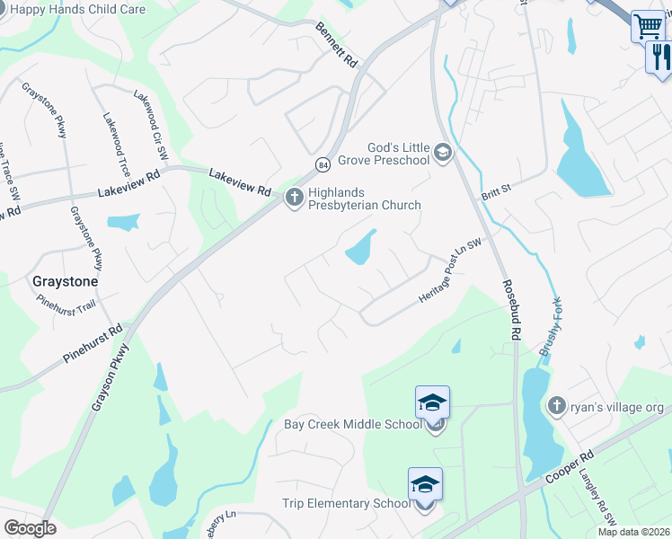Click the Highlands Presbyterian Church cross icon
coord(295,198)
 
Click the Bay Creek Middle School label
coord(352,424)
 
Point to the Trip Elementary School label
coord(346,504)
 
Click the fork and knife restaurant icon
coord(659,57)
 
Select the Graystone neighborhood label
coord(65,280)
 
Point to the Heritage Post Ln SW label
coord(450,270)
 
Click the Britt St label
coord(495,188)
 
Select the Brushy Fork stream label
coord(550,327)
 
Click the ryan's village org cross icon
coord(556,405)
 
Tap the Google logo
coord(31,528)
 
